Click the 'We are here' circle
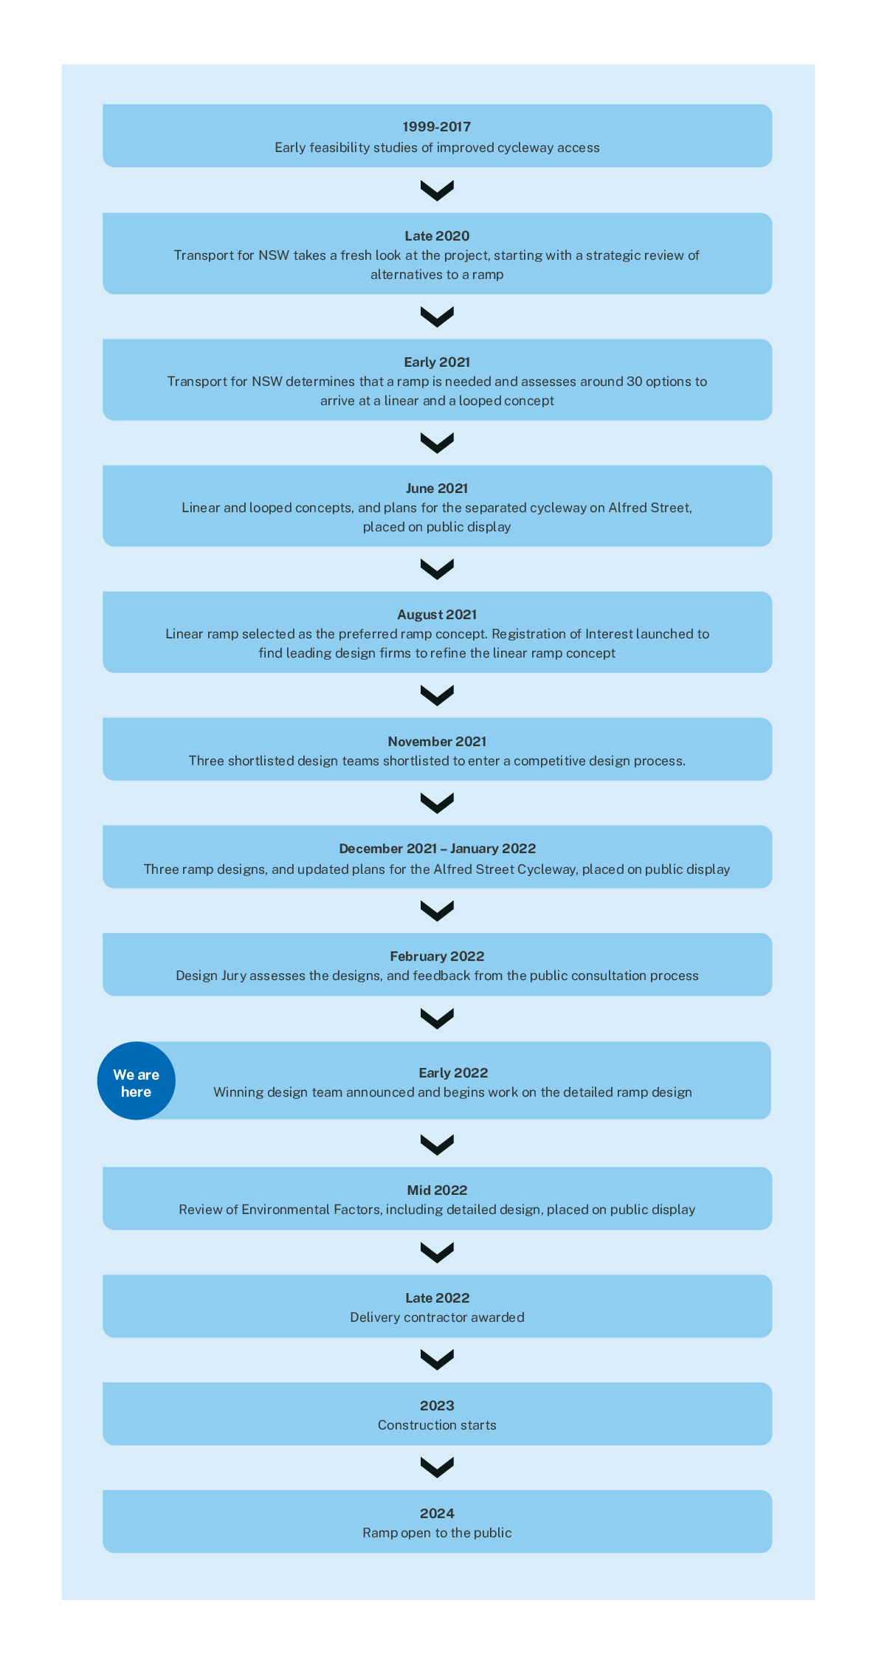click(x=137, y=1080)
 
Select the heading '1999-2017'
click(x=437, y=127)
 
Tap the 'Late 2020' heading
click(x=437, y=236)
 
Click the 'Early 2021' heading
click(x=437, y=362)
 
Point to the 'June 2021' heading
click(x=437, y=489)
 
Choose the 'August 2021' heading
click(x=437, y=615)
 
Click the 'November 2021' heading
click(x=437, y=742)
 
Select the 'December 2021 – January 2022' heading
click(x=437, y=849)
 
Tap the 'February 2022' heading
click(x=437, y=956)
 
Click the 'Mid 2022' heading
click(x=437, y=1190)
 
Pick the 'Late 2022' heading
click(x=437, y=1298)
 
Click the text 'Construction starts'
click(x=437, y=1425)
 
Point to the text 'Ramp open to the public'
click(x=437, y=1533)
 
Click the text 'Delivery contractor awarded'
click(x=437, y=1317)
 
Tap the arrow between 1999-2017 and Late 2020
click(x=437, y=190)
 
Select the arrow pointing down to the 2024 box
click(x=437, y=1468)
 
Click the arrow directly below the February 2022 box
click(x=437, y=1018)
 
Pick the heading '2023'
click(x=437, y=1406)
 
